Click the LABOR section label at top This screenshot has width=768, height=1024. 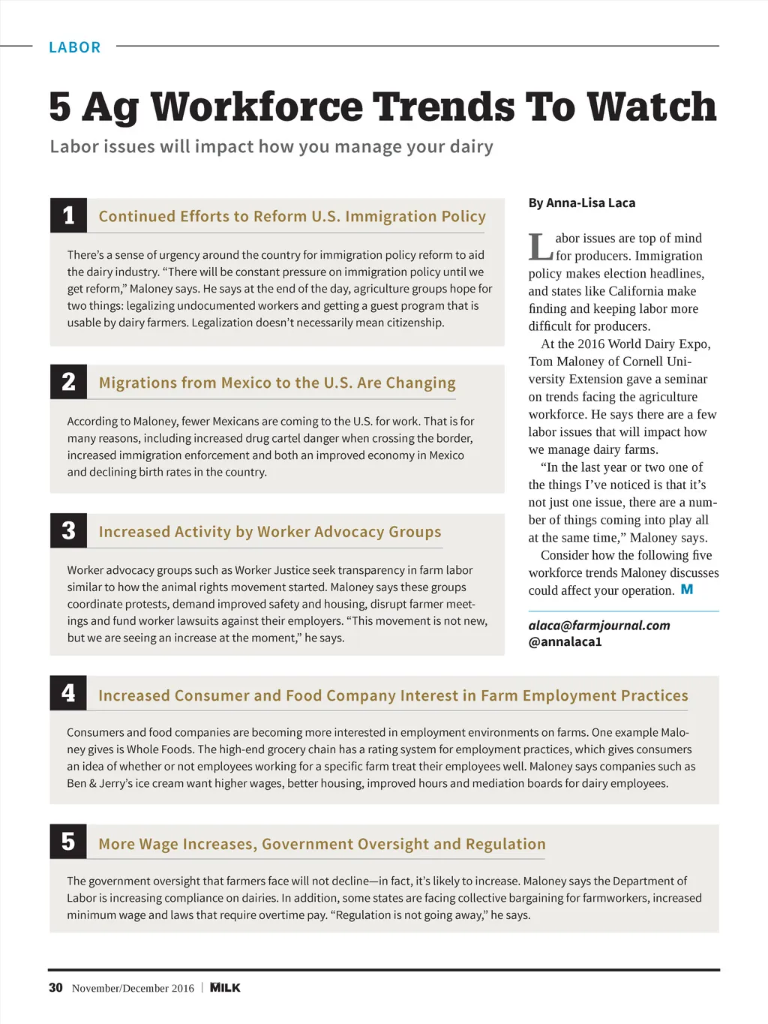[x=74, y=47]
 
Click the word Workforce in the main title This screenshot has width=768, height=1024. [x=256, y=107]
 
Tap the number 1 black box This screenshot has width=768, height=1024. [x=68, y=216]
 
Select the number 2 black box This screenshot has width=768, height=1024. [x=68, y=382]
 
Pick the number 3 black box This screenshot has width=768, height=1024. [x=68, y=531]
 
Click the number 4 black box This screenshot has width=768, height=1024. [x=68, y=693]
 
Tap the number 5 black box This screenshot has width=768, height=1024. [x=68, y=842]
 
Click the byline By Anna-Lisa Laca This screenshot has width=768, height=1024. [x=581, y=203]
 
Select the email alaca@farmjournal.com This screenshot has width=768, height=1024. [x=598, y=625]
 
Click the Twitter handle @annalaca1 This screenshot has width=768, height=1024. [x=565, y=642]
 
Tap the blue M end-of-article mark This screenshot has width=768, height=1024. [x=686, y=590]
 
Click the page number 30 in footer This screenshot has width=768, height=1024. [x=55, y=988]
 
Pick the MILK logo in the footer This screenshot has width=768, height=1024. [x=225, y=988]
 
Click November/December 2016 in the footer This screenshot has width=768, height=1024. [x=133, y=989]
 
